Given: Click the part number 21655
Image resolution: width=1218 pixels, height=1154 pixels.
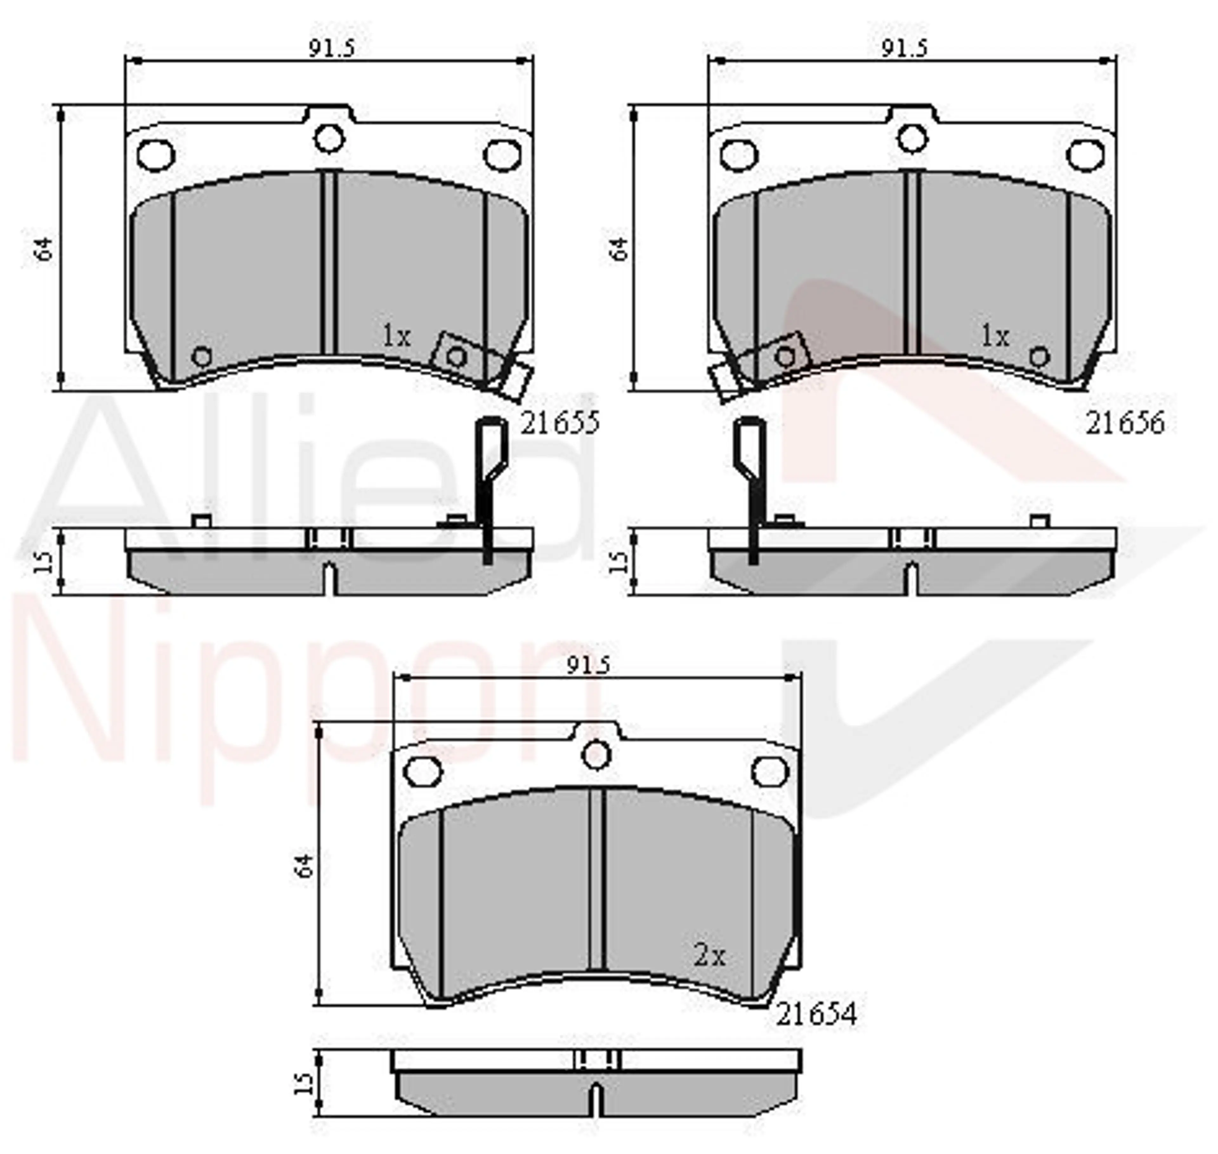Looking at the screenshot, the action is point(560,423).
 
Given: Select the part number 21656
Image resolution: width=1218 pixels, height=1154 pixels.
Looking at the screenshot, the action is point(1124,423).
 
